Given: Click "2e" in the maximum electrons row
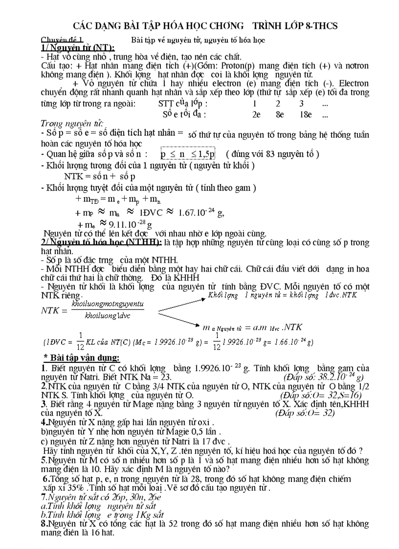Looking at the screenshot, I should (256, 115).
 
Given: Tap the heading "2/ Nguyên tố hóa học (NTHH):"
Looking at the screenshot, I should (101, 243).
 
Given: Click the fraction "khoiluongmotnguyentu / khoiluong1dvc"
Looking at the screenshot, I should (108, 310).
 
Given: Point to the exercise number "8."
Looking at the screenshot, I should (44, 524).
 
